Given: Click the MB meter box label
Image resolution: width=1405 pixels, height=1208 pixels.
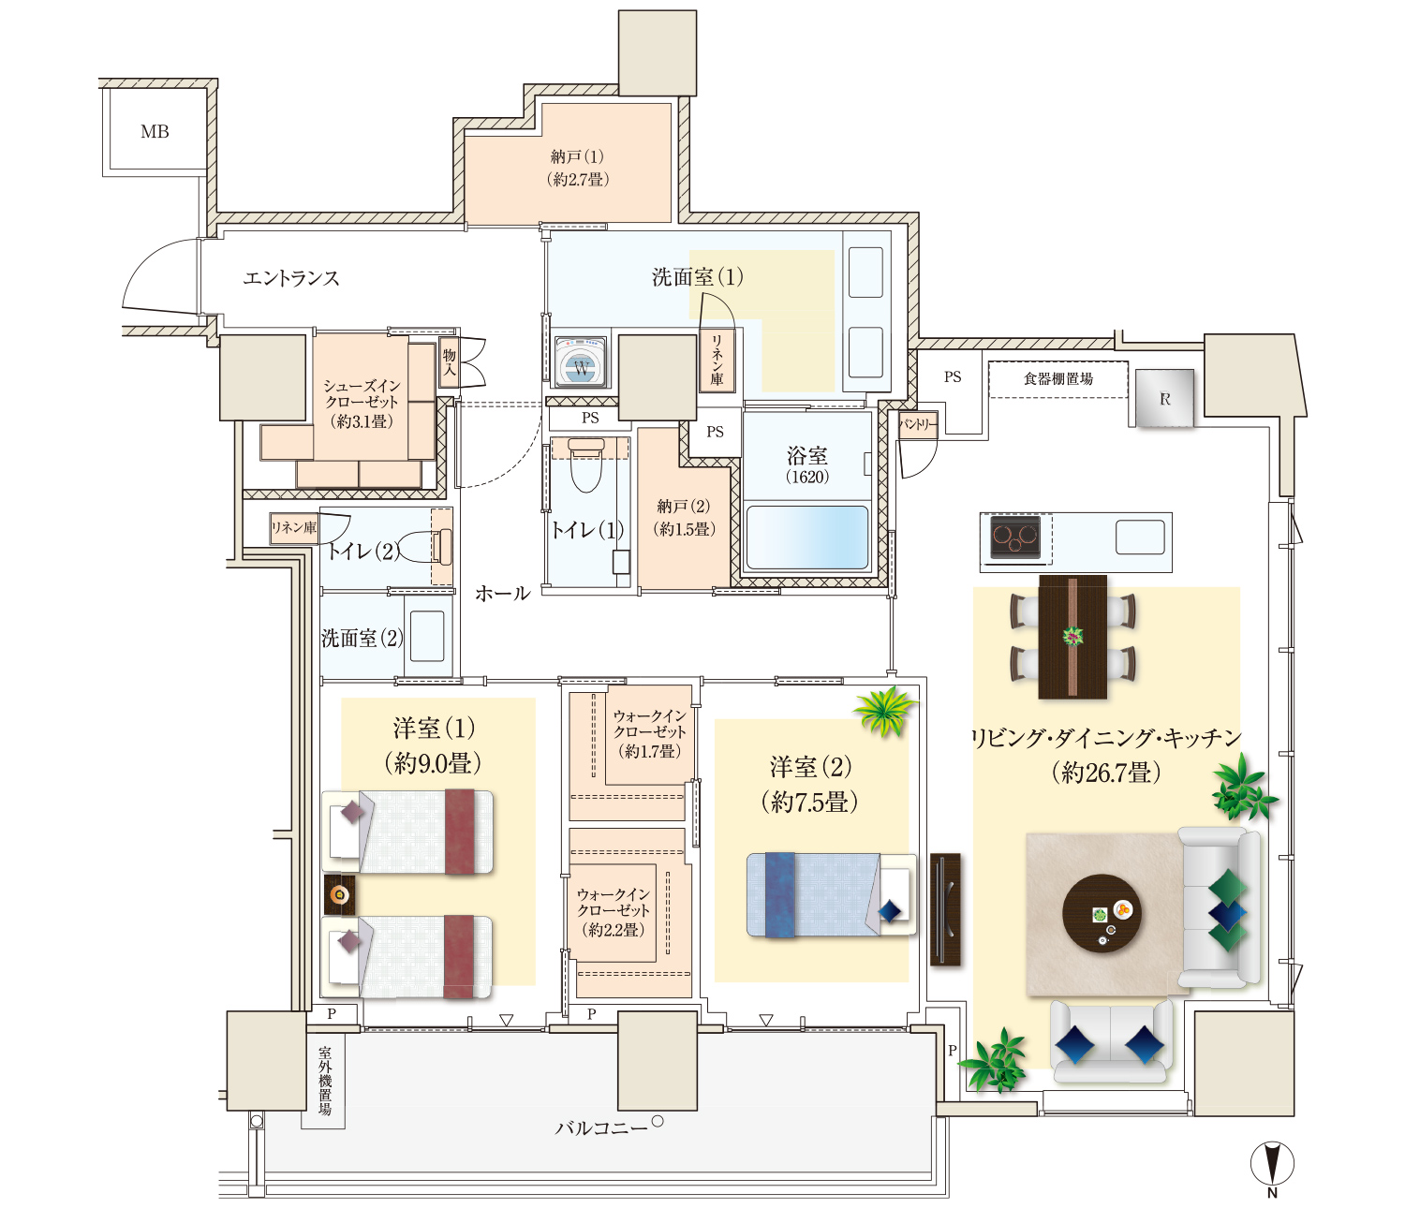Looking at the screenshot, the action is (x=155, y=132).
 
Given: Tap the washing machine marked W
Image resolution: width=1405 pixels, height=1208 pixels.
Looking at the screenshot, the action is (x=581, y=362).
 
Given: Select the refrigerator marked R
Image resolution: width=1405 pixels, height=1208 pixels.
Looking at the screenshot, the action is (x=1164, y=398).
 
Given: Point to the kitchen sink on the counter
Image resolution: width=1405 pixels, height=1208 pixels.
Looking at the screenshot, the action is (x=1140, y=537).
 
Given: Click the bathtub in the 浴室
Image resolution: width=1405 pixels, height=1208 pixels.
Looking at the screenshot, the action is (x=806, y=537).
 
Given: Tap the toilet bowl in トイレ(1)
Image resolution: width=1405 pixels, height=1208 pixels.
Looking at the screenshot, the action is (x=586, y=465).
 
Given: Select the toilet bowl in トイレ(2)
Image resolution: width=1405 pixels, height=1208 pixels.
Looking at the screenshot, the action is (x=422, y=546).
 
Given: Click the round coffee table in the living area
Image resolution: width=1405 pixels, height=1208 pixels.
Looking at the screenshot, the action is (x=1102, y=913).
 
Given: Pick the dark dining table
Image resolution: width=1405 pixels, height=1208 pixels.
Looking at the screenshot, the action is (x=1072, y=637).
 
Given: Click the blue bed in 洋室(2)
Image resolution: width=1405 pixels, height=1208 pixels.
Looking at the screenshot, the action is (x=831, y=895).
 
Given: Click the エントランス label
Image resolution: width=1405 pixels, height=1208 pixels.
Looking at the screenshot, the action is (x=291, y=278).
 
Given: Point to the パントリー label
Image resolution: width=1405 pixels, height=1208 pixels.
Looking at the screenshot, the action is (x=918, y=424).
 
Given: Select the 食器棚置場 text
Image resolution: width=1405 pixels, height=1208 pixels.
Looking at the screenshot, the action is (x=1057, y=378).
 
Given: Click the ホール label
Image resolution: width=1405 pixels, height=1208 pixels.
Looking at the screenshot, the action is (x=502, y=593).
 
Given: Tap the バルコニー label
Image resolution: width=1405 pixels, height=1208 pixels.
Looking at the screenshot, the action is (x=601, y=1127).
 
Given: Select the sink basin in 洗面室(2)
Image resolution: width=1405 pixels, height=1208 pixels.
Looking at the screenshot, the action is (x=427, y=635).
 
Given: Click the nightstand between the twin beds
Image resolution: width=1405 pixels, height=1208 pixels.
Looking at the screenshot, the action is (x=339, y=894).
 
